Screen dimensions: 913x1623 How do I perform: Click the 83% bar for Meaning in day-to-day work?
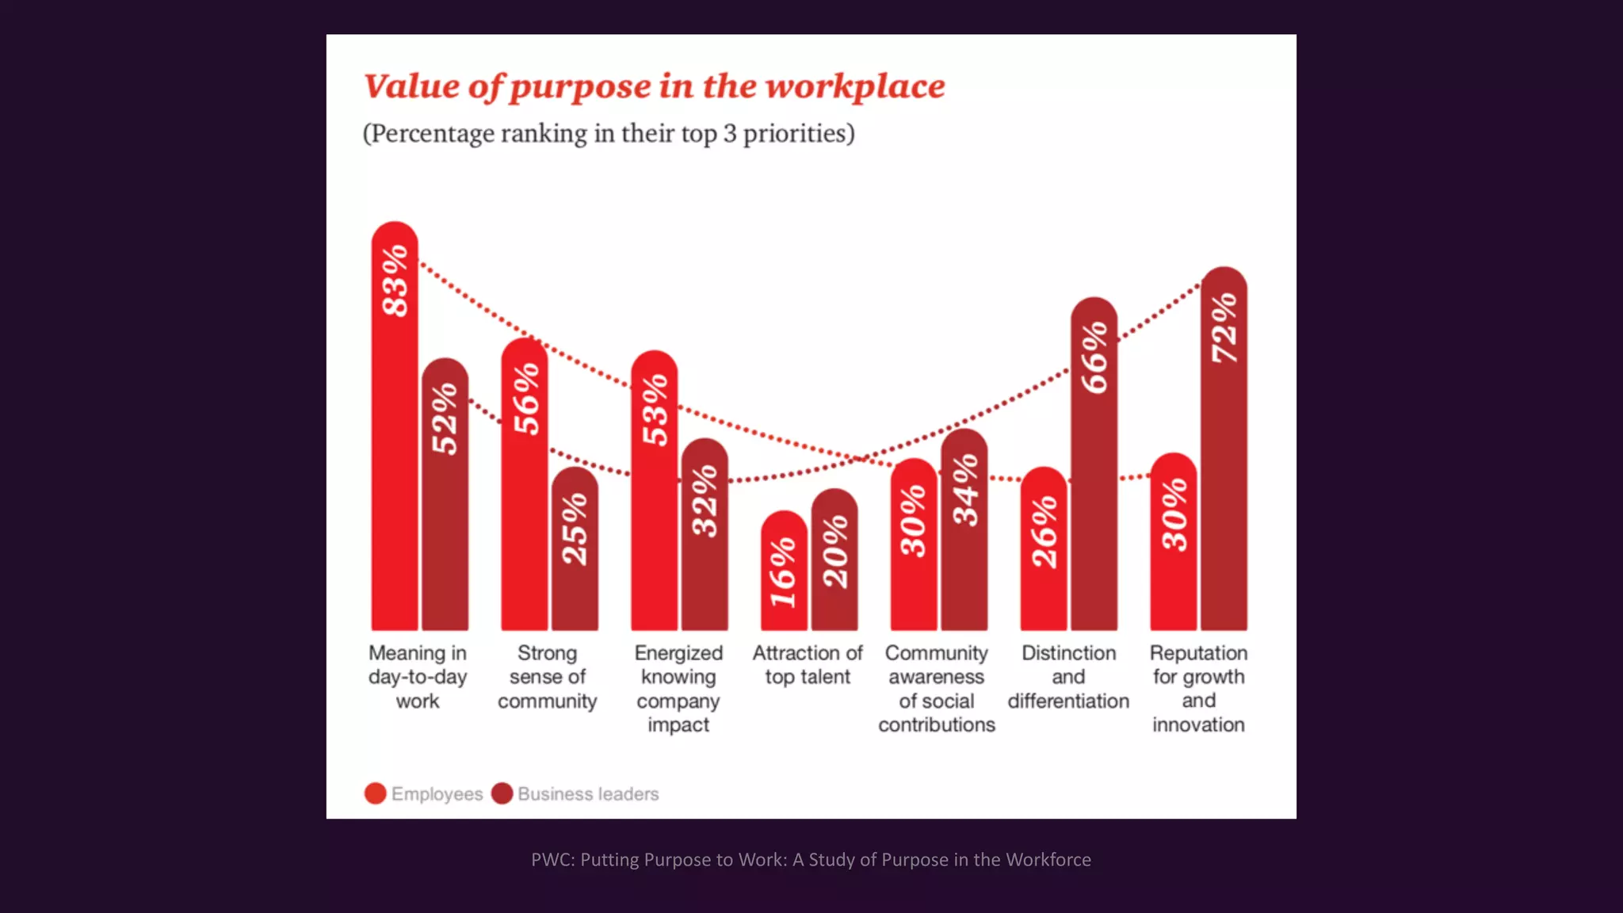(395, 428)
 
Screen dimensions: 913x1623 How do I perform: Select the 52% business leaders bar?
(445, 495)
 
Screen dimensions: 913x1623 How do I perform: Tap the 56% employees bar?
(525, 485)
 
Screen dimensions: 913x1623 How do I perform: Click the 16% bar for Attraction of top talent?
(784, 571)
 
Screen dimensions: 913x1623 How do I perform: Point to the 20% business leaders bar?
(834, 560)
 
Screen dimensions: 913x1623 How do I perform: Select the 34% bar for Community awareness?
(964, 530)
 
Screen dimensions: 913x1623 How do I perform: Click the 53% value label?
(655, 410)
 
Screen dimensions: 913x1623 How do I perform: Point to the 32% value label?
(705, 501)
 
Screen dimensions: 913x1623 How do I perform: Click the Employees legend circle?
(376, 793)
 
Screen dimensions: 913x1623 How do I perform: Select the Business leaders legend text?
(588, 794)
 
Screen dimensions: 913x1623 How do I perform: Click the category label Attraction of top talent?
(808, 665)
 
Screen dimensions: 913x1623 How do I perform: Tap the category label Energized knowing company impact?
(678, 688)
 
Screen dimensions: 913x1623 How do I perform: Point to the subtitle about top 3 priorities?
(609, 133)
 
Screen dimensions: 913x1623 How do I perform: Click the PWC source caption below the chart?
(811, 860)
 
